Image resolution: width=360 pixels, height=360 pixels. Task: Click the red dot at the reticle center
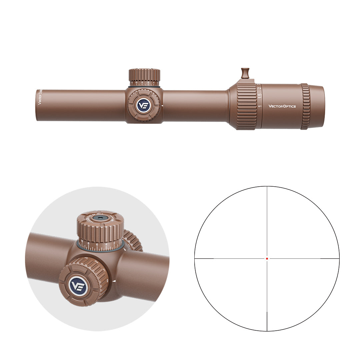(x=267, y=258)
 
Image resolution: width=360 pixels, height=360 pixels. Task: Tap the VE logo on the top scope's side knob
(x=144, y=106)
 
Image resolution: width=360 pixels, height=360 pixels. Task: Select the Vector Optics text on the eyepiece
(x=282, y=106)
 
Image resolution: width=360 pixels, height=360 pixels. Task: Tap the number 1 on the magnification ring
(x=260, y=107)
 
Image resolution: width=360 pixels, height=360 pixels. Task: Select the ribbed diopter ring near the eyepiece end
(x=305, y=106)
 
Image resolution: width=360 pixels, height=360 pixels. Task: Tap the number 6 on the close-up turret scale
(x=97, y=247)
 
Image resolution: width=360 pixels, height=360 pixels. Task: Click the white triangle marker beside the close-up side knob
(x=114, y=281)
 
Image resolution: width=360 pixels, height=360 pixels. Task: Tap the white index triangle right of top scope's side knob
(x=162, y=106)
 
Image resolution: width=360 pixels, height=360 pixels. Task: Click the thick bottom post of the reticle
(x=267, y=321)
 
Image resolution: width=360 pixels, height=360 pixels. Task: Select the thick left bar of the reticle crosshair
(x=204, y=258)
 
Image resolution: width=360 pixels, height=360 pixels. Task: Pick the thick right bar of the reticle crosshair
(x=330, y=258)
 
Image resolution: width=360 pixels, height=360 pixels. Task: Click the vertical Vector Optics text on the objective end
(x=39, y=97)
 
